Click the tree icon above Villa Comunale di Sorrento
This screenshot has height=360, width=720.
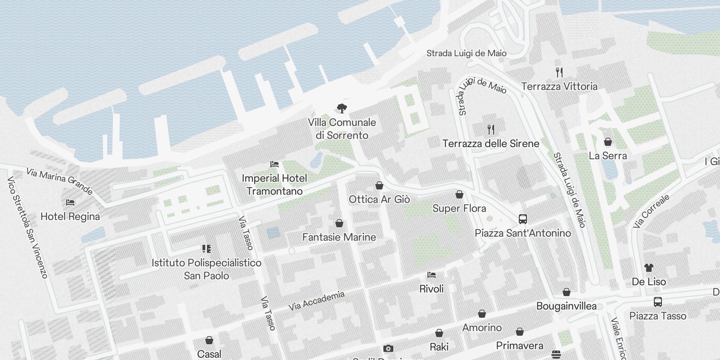pyautogui.click(x=342, y=108)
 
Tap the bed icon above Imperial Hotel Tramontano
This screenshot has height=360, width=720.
pyautogui.click(x=274, y=164)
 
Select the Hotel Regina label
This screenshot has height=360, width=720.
pyautogui.click(x=70, y=216)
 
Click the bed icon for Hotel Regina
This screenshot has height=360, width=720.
pyautogui.click(x=70, y=202)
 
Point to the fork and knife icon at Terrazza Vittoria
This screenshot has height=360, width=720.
pyautogui.click(x=559, y=72)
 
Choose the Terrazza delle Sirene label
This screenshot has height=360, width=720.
pyautogui.click(x=491, y=144)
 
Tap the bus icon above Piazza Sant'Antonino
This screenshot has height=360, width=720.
pyautogui.click(x=522, y=219)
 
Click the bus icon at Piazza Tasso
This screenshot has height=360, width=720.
pyautogui.click(x=657, y=301)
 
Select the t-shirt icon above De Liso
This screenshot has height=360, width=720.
pyautogui.click(x=648, y=268)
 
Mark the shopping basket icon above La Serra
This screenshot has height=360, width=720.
pyautogui.click(x=608, y=142)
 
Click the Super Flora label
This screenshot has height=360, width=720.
pyautogui.click(x=459, y=208)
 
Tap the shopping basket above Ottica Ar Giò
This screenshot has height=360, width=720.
pyautogui.click(x=379, y=185)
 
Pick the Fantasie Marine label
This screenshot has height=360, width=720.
pyautogui.click(x=339, y=237)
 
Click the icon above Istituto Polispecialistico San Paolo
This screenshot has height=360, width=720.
pyautogui.click(x=207, y=249)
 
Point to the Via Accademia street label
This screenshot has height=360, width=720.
pyautogui.click(x=316, y=301)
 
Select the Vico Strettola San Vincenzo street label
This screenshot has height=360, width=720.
pyautogui.click(x=27, y=227)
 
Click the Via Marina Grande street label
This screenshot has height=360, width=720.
pyautogui.click(x=59, y=181)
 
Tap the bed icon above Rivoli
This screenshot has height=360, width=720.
pyautogui.click(x=432, y=274)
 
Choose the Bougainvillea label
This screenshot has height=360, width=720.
pyautogui.click(x=566, y=306)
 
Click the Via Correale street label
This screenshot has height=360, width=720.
pyautogui.click(x=651, y=211)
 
